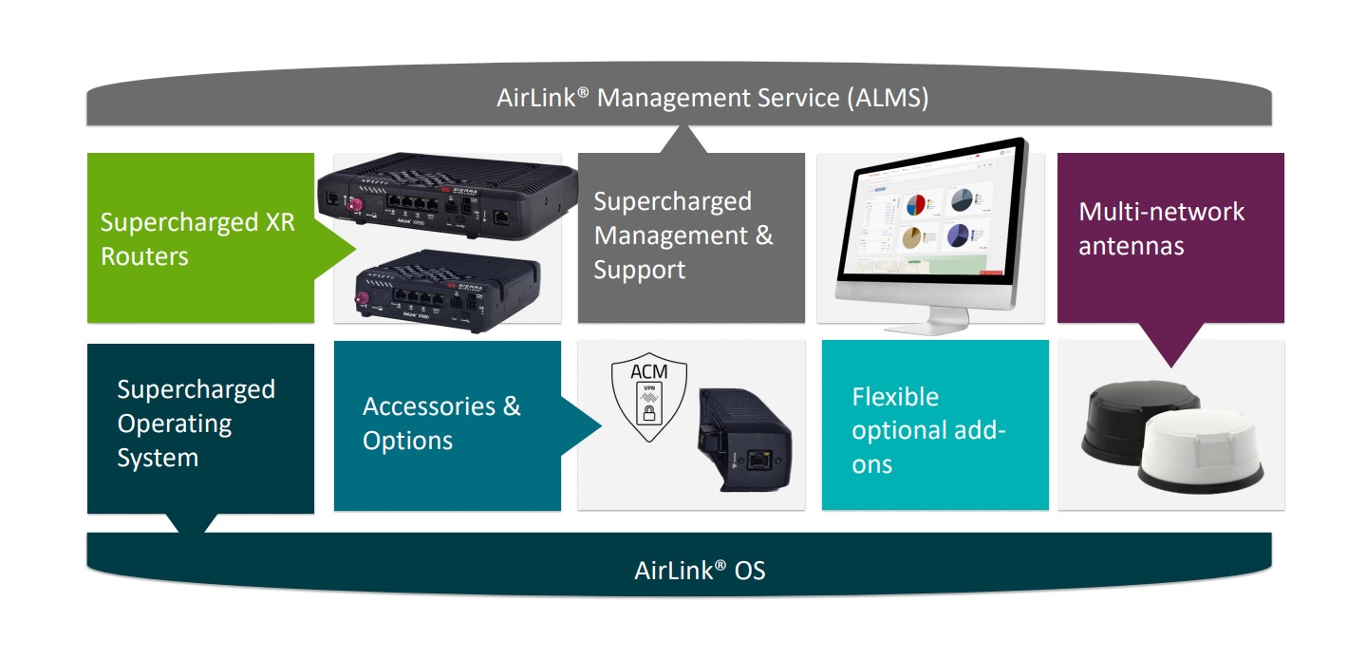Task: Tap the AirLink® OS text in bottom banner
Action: click(700, 571)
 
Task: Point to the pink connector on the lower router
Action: click(360, 302)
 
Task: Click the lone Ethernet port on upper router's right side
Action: click(501, 216)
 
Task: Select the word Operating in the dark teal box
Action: click(175, 424)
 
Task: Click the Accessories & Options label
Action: click(441, 424)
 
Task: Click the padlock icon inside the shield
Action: click(649, 414)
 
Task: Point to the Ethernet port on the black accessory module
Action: click(758, 462)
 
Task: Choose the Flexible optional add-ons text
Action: click(927, 430)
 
